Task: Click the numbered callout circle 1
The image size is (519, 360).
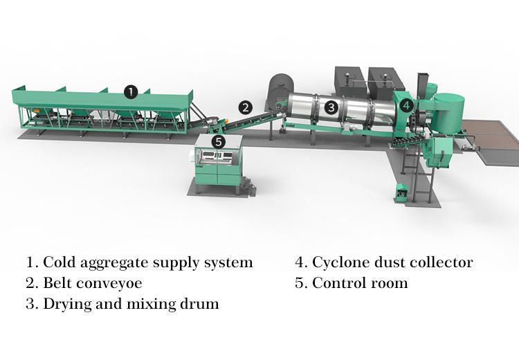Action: point(131,91)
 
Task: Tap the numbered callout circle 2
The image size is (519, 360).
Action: point(245,107)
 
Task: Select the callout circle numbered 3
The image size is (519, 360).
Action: point(332,107)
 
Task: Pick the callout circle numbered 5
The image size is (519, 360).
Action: point(219,141)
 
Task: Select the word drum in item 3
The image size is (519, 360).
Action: point(203,303)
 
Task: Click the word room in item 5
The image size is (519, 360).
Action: point(389,283)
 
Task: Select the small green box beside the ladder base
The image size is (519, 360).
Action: point(399,190)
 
